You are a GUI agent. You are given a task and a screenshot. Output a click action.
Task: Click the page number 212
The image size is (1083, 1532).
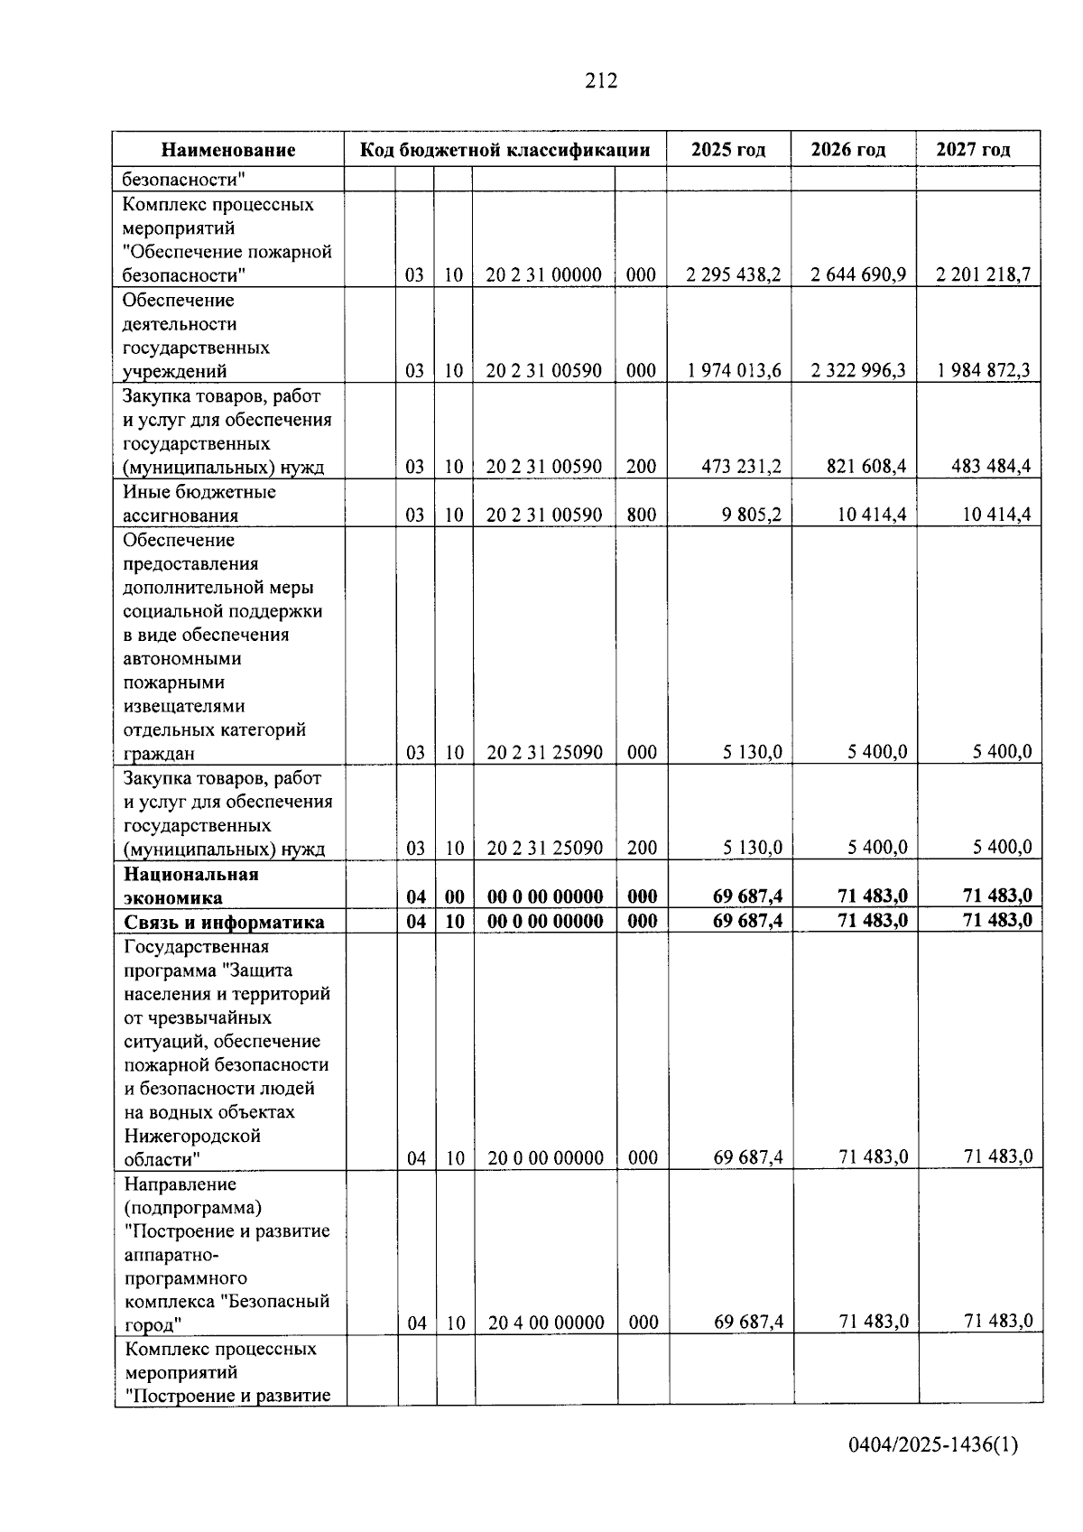click(x=601, y=81)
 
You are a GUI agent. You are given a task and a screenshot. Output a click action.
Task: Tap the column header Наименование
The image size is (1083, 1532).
click(x=228, y=150)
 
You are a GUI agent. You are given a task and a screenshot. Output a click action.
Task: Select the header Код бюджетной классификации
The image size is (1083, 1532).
click(x=505, y=150)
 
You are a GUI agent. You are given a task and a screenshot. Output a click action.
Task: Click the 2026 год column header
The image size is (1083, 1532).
click(x=847, y=150)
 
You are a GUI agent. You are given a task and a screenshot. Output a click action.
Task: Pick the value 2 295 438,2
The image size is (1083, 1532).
click(x=733, y=275)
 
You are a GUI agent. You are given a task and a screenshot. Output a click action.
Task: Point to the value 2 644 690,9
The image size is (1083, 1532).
click(x=857, y=275)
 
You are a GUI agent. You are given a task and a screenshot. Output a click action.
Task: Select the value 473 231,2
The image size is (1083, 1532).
click(x=741, y=467)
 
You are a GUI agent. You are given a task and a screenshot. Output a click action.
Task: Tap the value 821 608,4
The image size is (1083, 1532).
click(x=865, y=467)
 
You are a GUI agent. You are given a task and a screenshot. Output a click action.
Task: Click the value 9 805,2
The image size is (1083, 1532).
click(x=751, y=515)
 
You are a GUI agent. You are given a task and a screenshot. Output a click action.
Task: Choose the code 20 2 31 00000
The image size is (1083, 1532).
click(x=543, y=275)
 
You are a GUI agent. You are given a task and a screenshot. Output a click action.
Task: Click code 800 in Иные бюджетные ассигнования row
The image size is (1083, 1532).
click(x=641, y=515)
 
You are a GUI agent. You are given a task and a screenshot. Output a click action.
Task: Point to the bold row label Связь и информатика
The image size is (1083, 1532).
click(x=224, y=922)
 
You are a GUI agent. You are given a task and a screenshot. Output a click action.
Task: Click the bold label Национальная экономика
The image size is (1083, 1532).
click(x=191, y=886)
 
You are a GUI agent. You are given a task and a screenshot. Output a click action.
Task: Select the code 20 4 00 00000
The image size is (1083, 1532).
click(x=546, y=1323)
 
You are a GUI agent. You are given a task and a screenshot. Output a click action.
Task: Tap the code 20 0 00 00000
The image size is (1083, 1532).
click(x=545, y=1157)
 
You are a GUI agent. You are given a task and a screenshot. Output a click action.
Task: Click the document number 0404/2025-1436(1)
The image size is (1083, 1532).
click(x=932, y=1445)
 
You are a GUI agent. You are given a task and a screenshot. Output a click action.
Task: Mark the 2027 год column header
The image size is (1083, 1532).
click(x=973, y=150)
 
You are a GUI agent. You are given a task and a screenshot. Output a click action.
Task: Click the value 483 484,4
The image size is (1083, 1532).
click(x=990, y=467)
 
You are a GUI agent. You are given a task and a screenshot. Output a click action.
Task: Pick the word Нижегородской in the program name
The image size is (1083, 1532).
click(x=192, y=1136)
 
